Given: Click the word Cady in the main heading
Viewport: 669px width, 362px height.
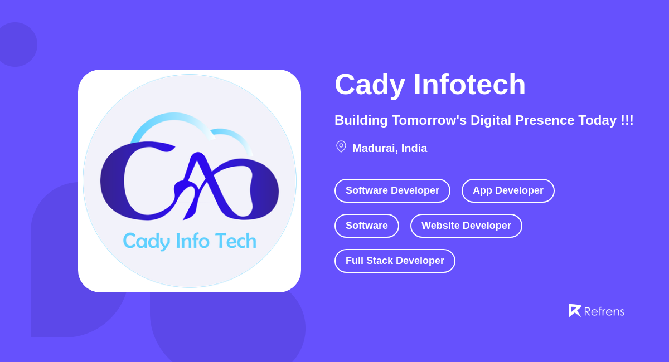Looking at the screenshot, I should [370, 85].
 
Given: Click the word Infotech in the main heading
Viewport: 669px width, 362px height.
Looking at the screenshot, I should [469, 85].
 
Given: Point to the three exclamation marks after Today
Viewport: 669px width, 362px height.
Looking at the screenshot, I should [627, 120].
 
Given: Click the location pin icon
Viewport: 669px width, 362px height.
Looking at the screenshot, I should [341, 146].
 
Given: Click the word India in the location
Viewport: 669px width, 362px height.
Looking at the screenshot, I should [414, 148].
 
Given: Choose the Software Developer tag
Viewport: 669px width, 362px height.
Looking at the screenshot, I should [392, 190].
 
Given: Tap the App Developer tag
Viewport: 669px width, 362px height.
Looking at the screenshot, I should [508, 190].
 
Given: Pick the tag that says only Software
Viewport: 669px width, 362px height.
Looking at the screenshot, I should [367, 226].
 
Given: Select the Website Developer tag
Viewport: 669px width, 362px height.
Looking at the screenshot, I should [466, 226].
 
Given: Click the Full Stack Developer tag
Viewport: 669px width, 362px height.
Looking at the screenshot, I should [395, 261].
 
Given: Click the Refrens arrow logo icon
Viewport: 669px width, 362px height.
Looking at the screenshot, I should [575, 310].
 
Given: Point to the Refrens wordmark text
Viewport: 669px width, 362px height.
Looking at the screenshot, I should [604, 311].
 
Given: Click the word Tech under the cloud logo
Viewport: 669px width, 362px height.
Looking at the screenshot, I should [235, 241].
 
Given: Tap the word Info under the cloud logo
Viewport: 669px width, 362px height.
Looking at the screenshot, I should [192, 241].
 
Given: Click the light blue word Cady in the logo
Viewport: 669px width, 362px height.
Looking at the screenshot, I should [146, 241].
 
